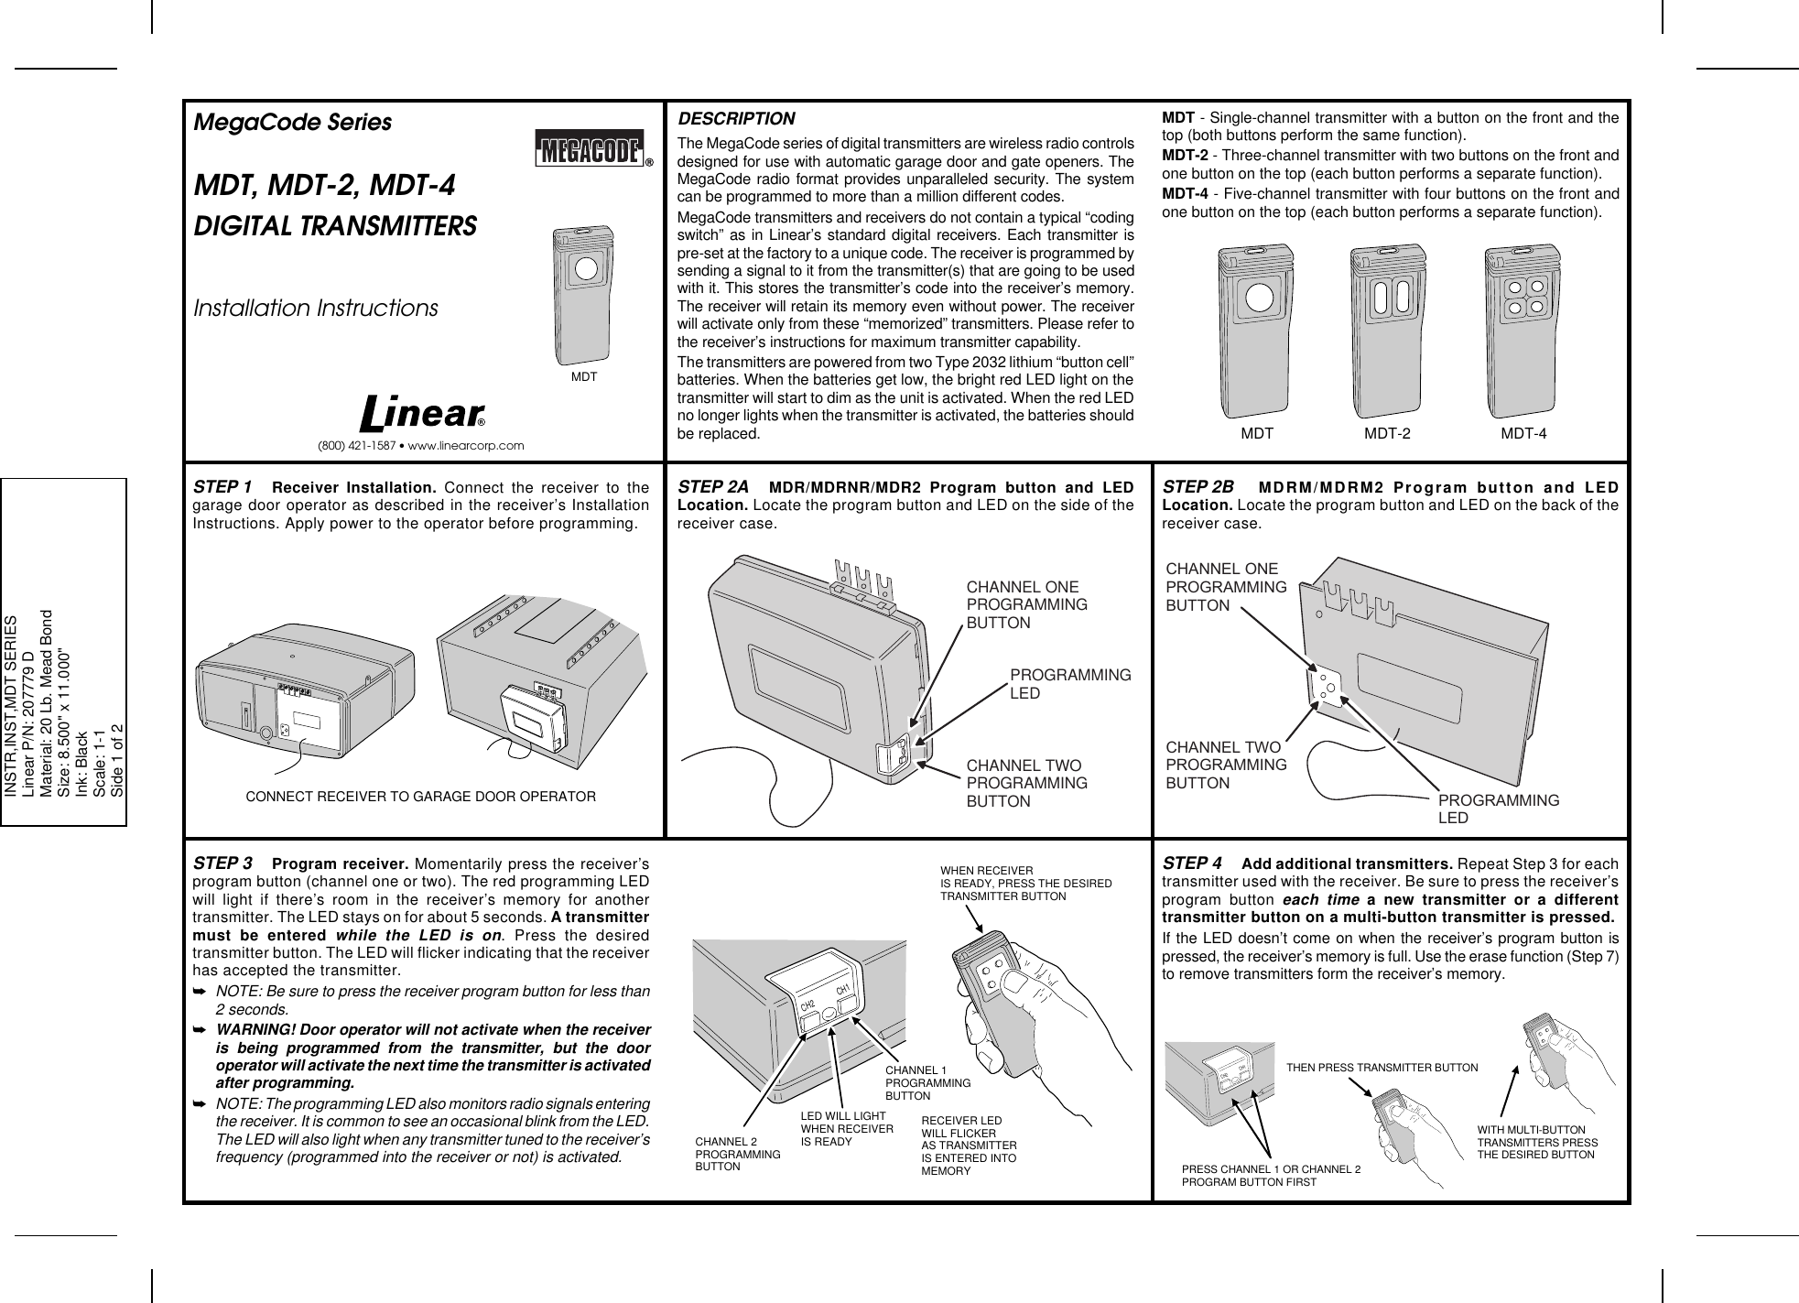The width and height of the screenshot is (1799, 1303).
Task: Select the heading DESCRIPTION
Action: click(736, 120)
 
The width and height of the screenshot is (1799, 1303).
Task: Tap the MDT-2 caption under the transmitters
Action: click(1387, 434)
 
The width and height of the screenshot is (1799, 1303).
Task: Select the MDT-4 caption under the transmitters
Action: click(1523, 434)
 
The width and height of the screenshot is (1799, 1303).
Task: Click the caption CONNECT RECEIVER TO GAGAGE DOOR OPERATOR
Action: click(421, 797)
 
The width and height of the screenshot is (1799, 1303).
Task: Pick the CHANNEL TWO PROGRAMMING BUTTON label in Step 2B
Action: click(1226, 765)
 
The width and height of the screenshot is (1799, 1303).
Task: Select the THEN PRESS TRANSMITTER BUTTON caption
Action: click(1382, 1068)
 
